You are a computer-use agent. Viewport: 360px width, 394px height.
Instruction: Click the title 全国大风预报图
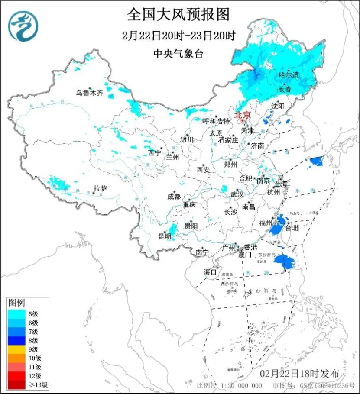click(x=178, y=15)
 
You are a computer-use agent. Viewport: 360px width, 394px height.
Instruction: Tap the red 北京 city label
click(x=242, y=115)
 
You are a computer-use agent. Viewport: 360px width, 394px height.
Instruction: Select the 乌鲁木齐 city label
click(x=90, y=93)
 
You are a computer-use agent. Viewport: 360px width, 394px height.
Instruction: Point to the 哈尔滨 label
click(x=289, y=75)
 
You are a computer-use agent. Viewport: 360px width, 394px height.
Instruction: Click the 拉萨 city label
click(x=100, y=188)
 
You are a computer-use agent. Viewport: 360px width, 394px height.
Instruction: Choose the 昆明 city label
click(x=164, y=236)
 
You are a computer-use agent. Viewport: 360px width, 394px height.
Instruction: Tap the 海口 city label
click(x=210, y=272)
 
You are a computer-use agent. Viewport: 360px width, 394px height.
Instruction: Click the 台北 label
click(x=292, y=227)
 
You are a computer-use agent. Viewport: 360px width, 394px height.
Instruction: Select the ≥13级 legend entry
click(x=27, y=384)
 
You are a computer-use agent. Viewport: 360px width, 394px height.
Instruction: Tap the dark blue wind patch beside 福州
click(x=278, y=225)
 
